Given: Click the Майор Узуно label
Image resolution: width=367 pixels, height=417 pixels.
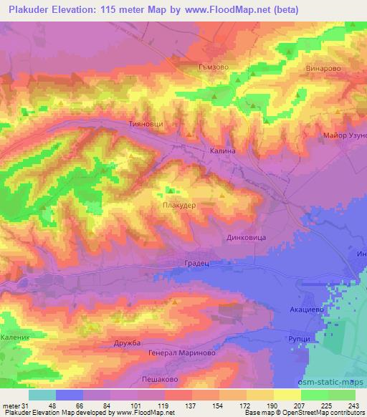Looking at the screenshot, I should (x=345, y=135).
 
